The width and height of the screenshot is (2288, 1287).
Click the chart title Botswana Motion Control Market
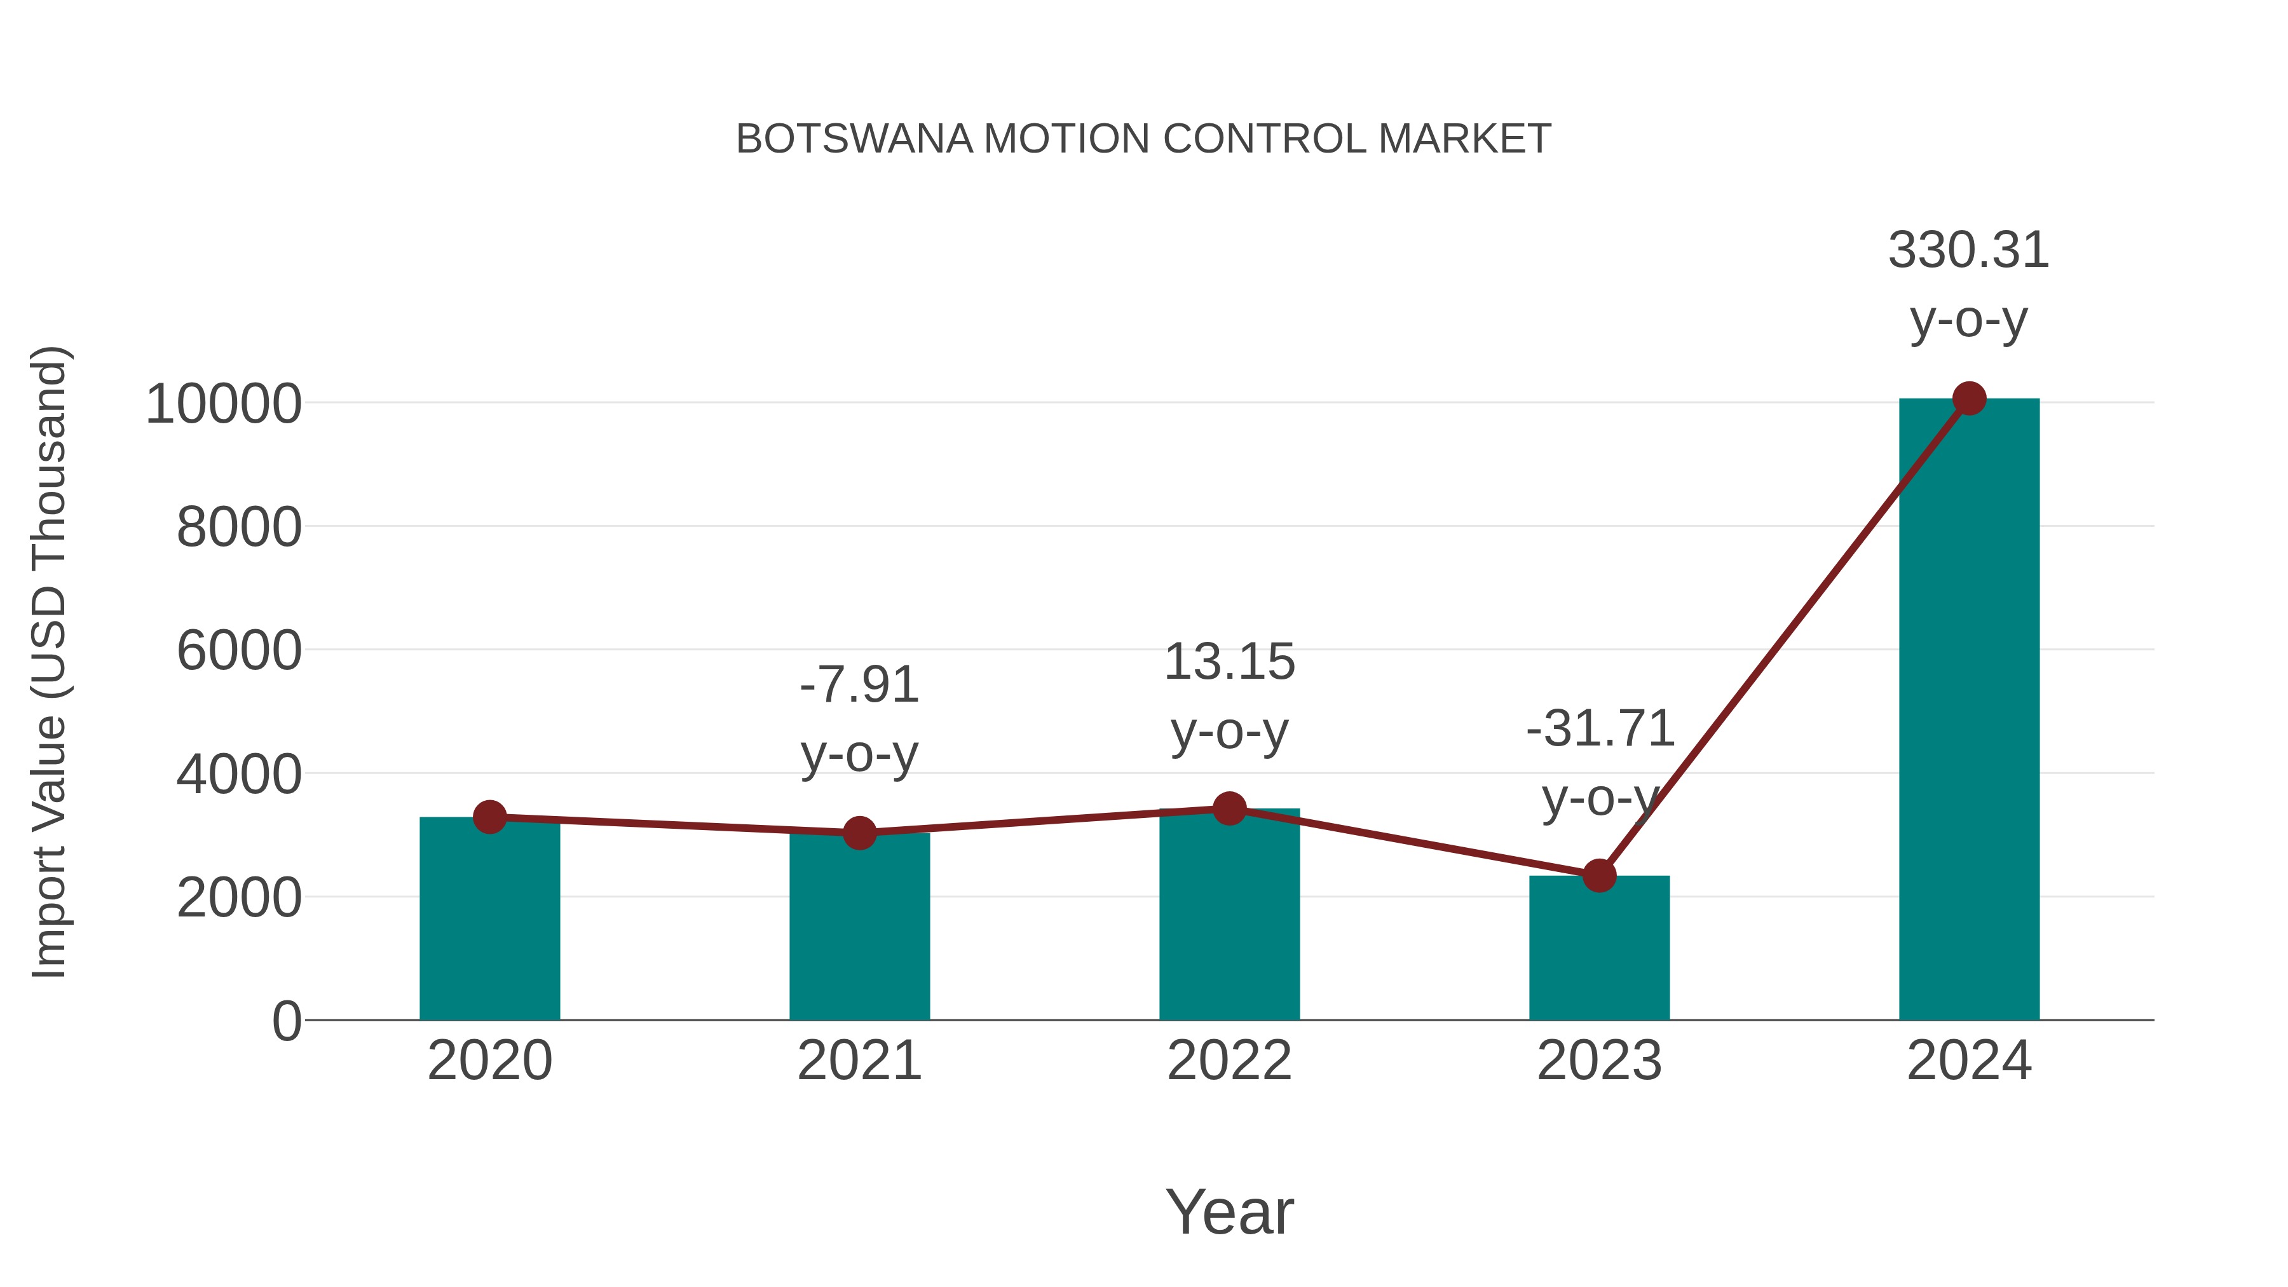pos(1143,139)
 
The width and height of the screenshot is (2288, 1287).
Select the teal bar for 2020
pos(489,923)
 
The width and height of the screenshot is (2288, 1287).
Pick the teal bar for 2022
pos(1229,919)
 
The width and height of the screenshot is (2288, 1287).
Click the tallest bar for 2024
pos(1969,711)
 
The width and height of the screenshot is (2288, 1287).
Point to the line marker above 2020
pos(489,816)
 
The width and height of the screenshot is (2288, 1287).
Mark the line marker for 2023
pos(1599,876)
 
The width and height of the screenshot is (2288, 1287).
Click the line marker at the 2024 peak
pos(1969,398)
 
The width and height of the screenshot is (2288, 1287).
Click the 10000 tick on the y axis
pos(224,404)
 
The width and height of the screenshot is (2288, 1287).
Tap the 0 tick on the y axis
pos(286,1021)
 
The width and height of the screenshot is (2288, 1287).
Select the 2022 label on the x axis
pos(1229,1061)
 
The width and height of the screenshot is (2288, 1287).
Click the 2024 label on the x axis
pos(1969,1061)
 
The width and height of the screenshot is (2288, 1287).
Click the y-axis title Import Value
pos(50,662)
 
